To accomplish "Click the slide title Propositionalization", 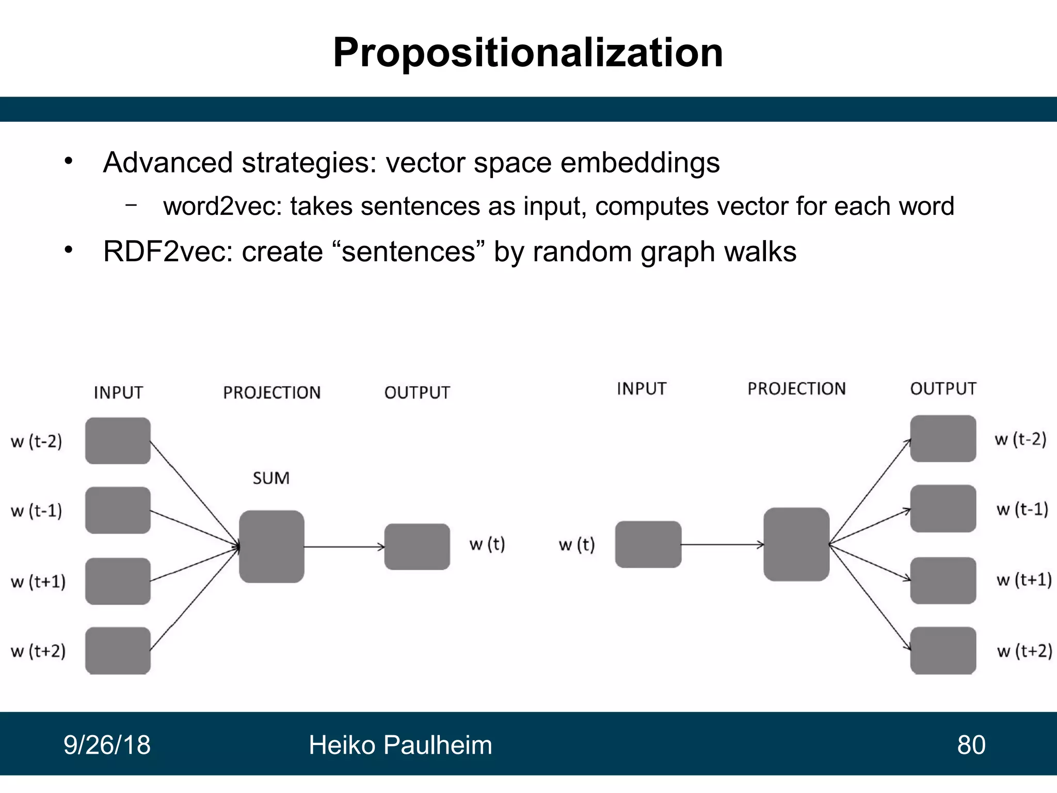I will pyautogui.click(x=528, y=53).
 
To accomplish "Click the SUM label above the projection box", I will pyautogui.click(x=271, y=478).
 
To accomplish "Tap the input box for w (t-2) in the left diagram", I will pyautogui.click(x=118, y=440).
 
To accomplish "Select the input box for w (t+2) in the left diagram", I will pyautogui.click(x=118, y=651).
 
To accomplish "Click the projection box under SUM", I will pyautogui.click(x=271, y=546).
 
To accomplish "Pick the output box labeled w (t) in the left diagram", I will pyautogui.click(x=417, y=547).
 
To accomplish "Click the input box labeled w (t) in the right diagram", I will pyautogui.click(x=648, y=544).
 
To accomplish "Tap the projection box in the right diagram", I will pyautogui.click(x=796, y=544).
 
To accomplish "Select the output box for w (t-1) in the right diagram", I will pyautogui.click(x=943, y=509).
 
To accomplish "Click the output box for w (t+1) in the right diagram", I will pyautogui.click(x=943, y=580).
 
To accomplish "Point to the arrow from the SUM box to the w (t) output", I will pyautogui.click(x=344, y=547).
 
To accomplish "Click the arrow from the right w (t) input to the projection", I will pyautogui.click(x=723, y=544).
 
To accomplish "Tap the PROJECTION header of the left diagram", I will pyautogui.click(x=271, y=393).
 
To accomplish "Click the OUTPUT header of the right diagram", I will pyautogui.click(x=943, y=389).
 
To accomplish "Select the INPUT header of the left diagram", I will pyautogui.click(x=118, y=393).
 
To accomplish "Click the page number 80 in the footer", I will pyautogui.click(x=971, y=745).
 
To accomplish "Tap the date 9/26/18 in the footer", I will pyautogui.click(x=107, y=745).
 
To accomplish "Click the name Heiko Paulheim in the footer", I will pyautogui.click(x=400, y=745).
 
